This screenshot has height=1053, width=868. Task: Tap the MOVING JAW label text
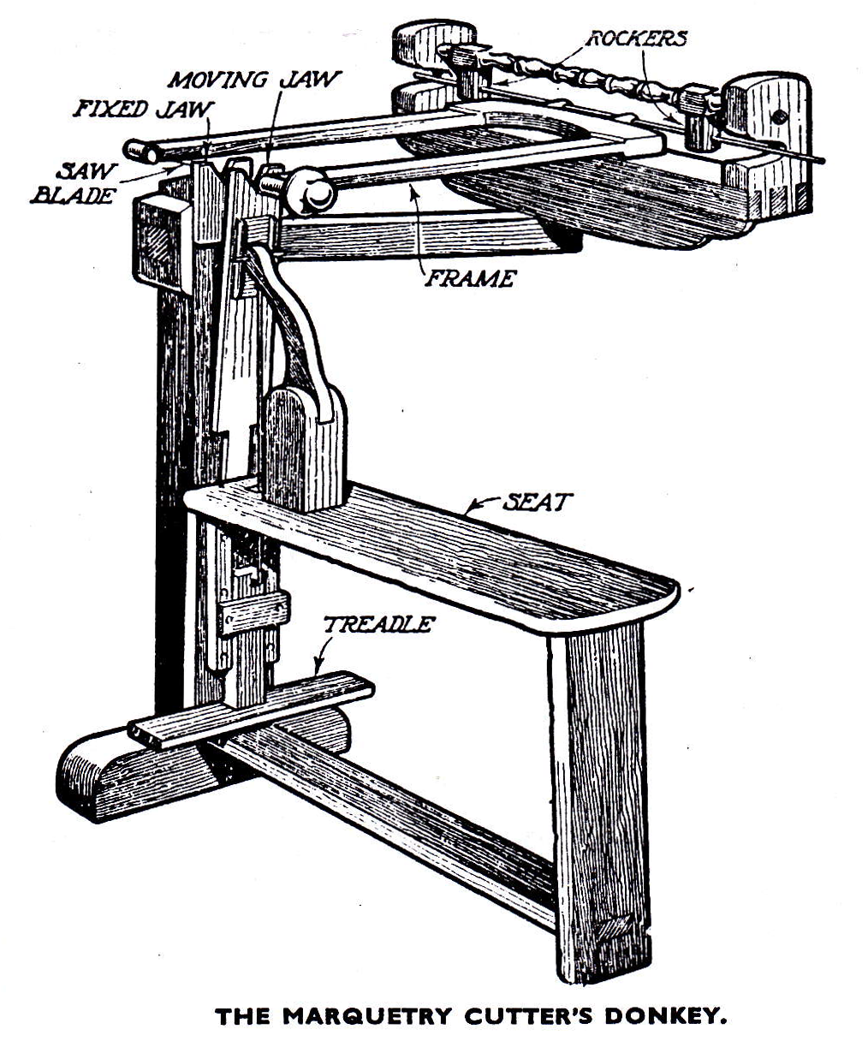pos(254,80)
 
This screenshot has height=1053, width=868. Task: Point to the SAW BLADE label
pos(73,183)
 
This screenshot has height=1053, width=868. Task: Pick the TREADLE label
pos(378,624)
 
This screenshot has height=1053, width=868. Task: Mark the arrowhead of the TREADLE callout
pos(318,669)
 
